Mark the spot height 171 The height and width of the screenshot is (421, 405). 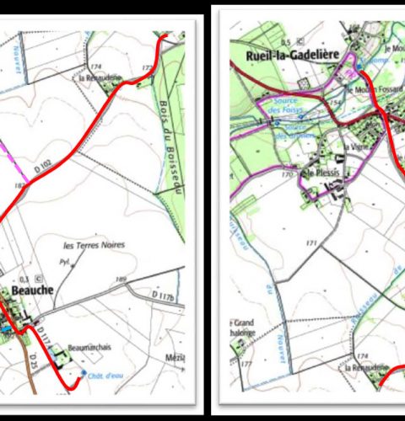pos(311,242)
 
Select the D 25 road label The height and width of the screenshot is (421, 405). pos(35,364)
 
